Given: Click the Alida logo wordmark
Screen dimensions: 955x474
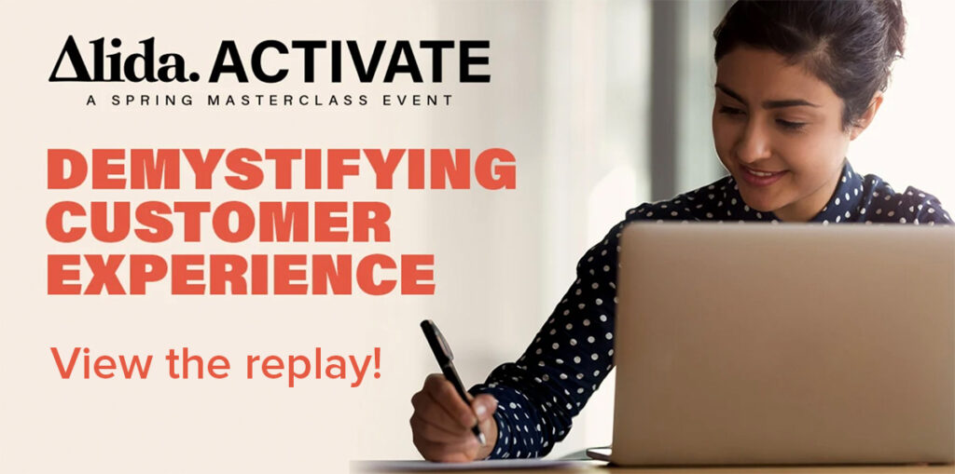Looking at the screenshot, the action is click(x=124, y=59).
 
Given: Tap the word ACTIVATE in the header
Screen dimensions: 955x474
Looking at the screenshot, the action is click(x=350, y=61).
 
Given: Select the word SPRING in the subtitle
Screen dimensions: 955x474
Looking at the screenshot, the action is click(x=151, y=101).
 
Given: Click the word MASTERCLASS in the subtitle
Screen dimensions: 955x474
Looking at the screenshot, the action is click(x=287, y=101).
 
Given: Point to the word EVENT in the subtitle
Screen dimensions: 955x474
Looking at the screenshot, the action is click(x=418, y=101).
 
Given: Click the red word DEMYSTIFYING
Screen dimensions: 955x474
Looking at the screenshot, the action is click(x=282, y=169).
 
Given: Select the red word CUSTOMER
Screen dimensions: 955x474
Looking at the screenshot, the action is click(x=218, y=222).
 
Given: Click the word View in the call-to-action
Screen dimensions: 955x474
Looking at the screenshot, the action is click(x=102, y=364).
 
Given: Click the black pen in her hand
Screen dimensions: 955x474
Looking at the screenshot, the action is click(x=451, y=378).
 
